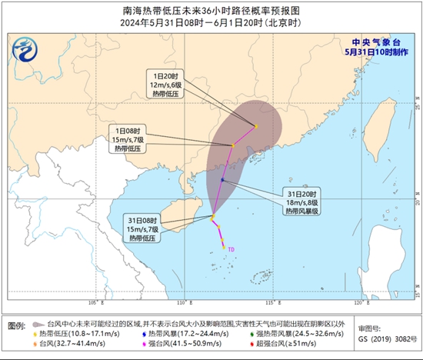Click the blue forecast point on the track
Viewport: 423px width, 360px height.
[223, 180]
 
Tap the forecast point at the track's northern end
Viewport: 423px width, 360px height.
[255, 126]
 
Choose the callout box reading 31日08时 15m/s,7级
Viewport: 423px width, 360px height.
[143, 228]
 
